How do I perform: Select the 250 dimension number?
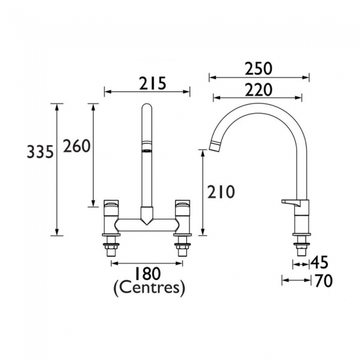coord(258,69)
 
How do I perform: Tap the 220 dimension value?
coord(258,90)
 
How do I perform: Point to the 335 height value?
coord(40,152)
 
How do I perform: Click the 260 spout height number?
coord(76,146)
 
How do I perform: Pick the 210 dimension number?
coord(221,192)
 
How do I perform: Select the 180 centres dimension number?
coord(147,274)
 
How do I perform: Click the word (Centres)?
coord(149,289)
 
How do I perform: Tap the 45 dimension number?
coord(320,263)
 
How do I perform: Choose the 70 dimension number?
coord(324,281)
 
